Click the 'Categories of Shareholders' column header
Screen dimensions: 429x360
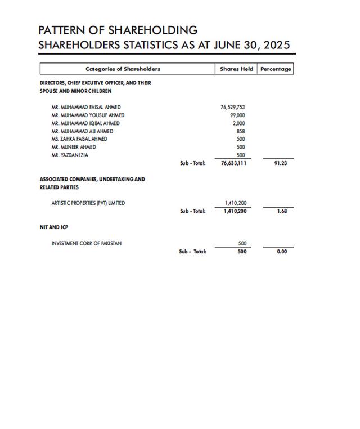coord(123,69)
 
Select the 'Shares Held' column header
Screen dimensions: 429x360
coord(236,69)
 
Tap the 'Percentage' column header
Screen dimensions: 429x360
coord(276,69)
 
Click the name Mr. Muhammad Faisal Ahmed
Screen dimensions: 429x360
coord(85,107)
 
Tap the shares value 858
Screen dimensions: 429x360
coord(241,131)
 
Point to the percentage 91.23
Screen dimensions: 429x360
coord(281,163)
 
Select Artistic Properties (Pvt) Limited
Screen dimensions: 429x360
coord(88,203)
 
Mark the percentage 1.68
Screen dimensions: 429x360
coord(282,211)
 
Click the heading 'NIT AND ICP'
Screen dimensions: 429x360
coord(54,227)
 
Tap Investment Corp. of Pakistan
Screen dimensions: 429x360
coord(86,243)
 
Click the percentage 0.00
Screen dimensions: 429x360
coord(282,252)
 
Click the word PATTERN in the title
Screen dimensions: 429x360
coord(62,30)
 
